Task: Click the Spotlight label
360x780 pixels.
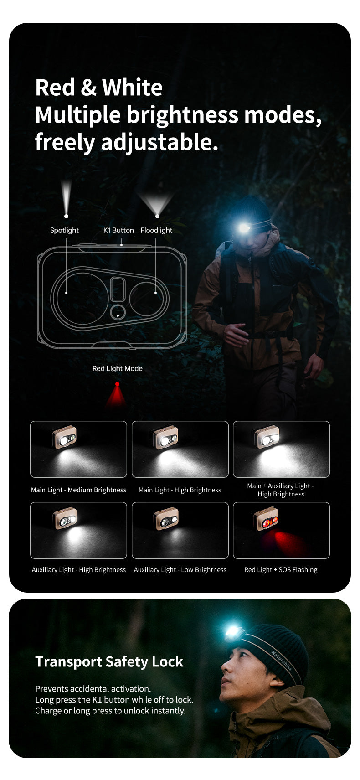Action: (64, 231)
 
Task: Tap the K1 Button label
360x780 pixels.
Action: (118, 231)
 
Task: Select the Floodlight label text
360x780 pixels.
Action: (156, 231)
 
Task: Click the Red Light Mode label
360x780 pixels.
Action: (117, 368)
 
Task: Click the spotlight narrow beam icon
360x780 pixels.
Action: (67, 198)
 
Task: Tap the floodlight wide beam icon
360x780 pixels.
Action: (157, 203)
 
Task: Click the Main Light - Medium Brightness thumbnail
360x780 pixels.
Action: (78, 449)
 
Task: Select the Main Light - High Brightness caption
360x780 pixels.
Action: (180, 490)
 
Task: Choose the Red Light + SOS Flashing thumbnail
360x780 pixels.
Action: (281, 530)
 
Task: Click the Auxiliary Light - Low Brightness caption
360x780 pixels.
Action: (180, 570)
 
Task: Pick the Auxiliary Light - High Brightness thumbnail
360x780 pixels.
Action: (78, 530)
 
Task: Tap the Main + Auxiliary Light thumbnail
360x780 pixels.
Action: (281, 449)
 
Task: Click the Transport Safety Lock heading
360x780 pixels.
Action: (109, 661)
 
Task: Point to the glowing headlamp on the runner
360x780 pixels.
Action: (244, 227)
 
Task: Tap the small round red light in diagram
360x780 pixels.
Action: (118, 313)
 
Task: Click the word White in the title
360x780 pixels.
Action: (132, 87)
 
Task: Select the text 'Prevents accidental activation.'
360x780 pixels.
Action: (93, 689)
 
